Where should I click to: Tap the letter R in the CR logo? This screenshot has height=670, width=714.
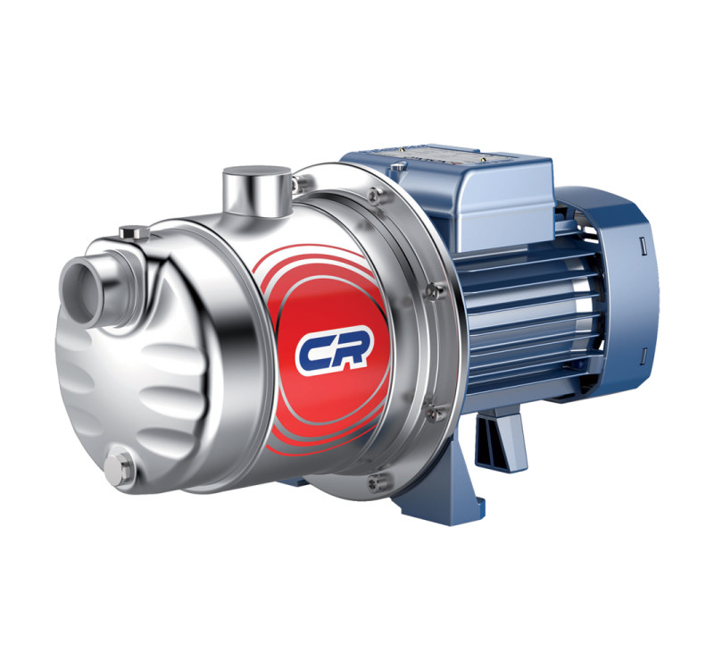click(x=351, y=353)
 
